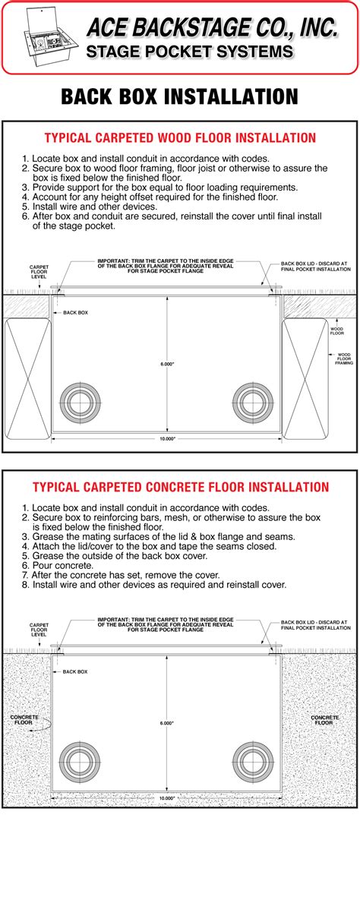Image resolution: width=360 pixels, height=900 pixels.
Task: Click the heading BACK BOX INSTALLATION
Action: click(x=179, y=96)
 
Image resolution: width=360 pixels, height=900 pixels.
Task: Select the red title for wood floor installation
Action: click(x=179, y=138)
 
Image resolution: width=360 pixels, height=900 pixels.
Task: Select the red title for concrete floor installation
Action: click(x=180, y=487)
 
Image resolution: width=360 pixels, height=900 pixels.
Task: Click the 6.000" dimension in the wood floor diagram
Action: click(x=167, y=343)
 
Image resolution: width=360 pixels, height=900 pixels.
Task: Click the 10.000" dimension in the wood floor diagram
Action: click(x=167, y=440)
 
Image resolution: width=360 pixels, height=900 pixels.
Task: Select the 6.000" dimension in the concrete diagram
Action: click(x=167, y=702)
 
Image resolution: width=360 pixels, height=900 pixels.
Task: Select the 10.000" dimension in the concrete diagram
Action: click(x=167, y=799)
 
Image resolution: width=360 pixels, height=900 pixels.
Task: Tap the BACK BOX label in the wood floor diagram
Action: click(x=75, y=312)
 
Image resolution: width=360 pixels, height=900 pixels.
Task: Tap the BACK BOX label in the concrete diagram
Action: click(x=75, y=672)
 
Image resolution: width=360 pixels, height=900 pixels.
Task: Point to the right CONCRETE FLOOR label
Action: click(x=325, y=720)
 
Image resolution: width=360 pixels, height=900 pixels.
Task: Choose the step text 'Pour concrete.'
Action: click(x=58, y=566)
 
